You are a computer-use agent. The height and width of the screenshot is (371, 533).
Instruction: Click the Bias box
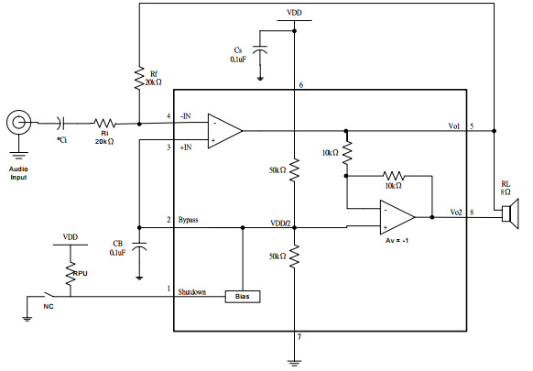pos(243,297)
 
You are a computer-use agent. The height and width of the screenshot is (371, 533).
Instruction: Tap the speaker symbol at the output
pos(510,213)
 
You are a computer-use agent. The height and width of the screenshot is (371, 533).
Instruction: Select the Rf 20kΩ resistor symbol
pos(139,78)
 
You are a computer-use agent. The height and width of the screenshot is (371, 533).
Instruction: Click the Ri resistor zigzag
pos(104,123)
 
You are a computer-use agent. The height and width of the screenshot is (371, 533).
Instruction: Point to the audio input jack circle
pos(18,122)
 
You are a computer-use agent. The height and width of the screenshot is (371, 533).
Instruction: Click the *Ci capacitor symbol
pos(61,123)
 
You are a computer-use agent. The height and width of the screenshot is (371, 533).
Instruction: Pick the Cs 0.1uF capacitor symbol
pos(260,49)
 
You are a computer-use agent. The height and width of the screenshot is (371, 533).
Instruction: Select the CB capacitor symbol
pos(139,246)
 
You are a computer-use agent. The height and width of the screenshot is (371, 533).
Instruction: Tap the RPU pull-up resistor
pos(71,274)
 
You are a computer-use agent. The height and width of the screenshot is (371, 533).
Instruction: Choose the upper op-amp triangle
pos(225,131)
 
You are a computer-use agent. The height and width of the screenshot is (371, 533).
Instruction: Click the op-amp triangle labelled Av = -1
pos(397,217)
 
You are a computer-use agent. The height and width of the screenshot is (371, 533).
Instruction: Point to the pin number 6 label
pos(300,84)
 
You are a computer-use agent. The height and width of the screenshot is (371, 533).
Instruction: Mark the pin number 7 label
pos(299,337)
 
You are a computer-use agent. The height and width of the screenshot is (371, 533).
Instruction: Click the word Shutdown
pos(192,292)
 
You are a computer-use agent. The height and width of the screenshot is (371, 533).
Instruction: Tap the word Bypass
pos(188,220)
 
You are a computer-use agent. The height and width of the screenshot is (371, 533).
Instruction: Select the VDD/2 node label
pos(281,224)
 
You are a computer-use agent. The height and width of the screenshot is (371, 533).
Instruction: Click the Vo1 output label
pos(454,125)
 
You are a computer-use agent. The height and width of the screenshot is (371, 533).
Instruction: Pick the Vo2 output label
pos(456,213)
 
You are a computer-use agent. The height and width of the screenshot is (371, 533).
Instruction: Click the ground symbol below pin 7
pos(294,363)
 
